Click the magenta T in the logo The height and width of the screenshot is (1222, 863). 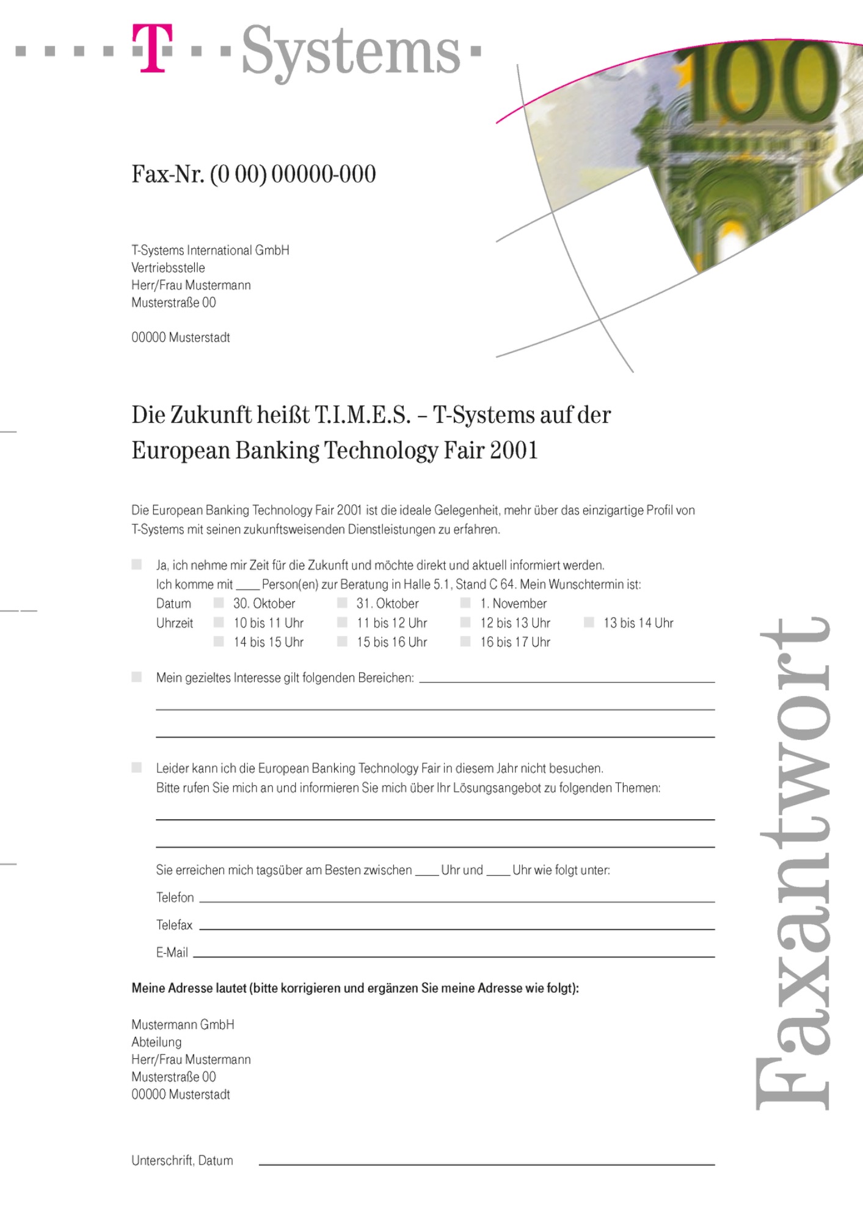(151, 49)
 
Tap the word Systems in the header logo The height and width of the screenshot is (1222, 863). (351, 53)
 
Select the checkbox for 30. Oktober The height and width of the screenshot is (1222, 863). (219, 603)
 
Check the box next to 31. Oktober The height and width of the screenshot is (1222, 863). (342, 603)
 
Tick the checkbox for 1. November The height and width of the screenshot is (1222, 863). (465, 603)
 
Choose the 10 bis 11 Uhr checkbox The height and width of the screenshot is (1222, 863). (219, 623)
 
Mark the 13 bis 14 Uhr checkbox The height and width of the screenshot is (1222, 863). (589, 623)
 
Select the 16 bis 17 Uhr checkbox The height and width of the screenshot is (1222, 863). (465, 642)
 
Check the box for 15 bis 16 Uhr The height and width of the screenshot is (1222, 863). (342, 642)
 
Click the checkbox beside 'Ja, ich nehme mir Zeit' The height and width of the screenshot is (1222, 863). (137, 565)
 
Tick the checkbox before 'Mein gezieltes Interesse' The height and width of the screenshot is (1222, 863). (137, 677)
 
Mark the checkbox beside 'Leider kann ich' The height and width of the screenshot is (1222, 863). (137, 767)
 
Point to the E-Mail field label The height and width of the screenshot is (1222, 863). (172, 953)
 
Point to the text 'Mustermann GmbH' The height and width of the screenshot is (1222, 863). (183, 1025)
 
